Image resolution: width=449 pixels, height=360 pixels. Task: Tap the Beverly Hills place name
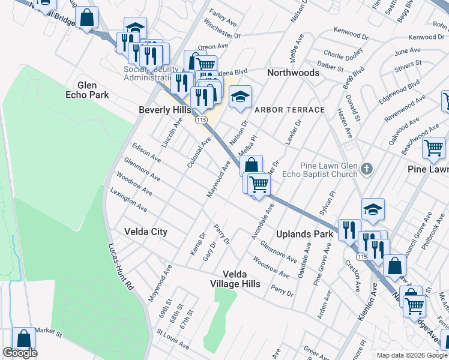(164, 110)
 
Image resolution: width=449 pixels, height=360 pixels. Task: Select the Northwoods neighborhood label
(293, 73)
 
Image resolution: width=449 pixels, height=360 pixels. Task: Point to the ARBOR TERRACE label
(289, 110)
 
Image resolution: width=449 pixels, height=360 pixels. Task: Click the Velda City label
(145, 232)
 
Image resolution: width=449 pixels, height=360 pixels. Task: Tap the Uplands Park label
(304, 234)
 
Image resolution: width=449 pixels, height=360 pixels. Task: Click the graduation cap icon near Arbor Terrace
(240, 97)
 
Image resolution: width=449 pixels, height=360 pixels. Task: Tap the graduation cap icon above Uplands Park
(373, 209)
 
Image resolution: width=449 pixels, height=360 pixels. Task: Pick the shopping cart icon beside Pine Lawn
(433, 148)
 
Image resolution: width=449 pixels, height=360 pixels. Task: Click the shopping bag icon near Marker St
(23, 339)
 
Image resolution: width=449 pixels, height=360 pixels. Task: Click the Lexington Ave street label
(128, 200)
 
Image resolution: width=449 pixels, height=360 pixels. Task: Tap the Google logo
(20, 353)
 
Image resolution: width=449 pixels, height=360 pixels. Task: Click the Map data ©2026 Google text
(412, 355)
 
